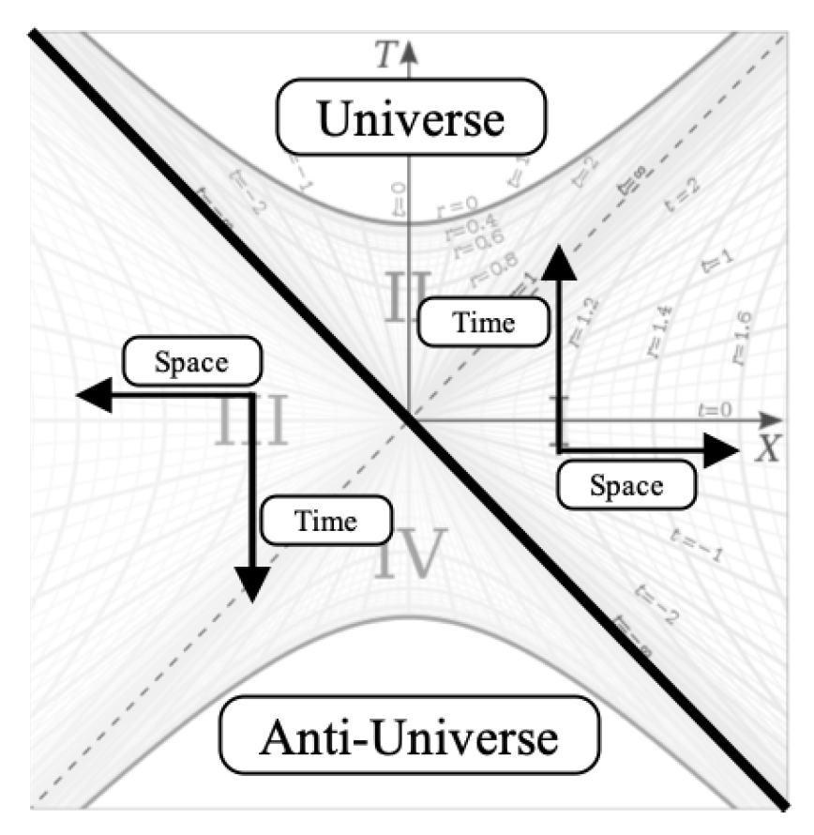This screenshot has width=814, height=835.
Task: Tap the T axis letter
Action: (382, 57)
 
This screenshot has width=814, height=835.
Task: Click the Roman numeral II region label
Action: (409, 293)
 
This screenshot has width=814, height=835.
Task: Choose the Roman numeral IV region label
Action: (406, 554)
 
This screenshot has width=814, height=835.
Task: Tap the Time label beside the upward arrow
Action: (482, 323)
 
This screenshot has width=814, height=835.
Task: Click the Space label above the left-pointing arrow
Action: (191, 362)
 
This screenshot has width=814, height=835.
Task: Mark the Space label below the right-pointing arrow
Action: (626, 486)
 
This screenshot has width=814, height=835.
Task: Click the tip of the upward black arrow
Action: (559, 246)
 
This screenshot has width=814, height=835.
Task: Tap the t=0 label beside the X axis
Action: (716, 409)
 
